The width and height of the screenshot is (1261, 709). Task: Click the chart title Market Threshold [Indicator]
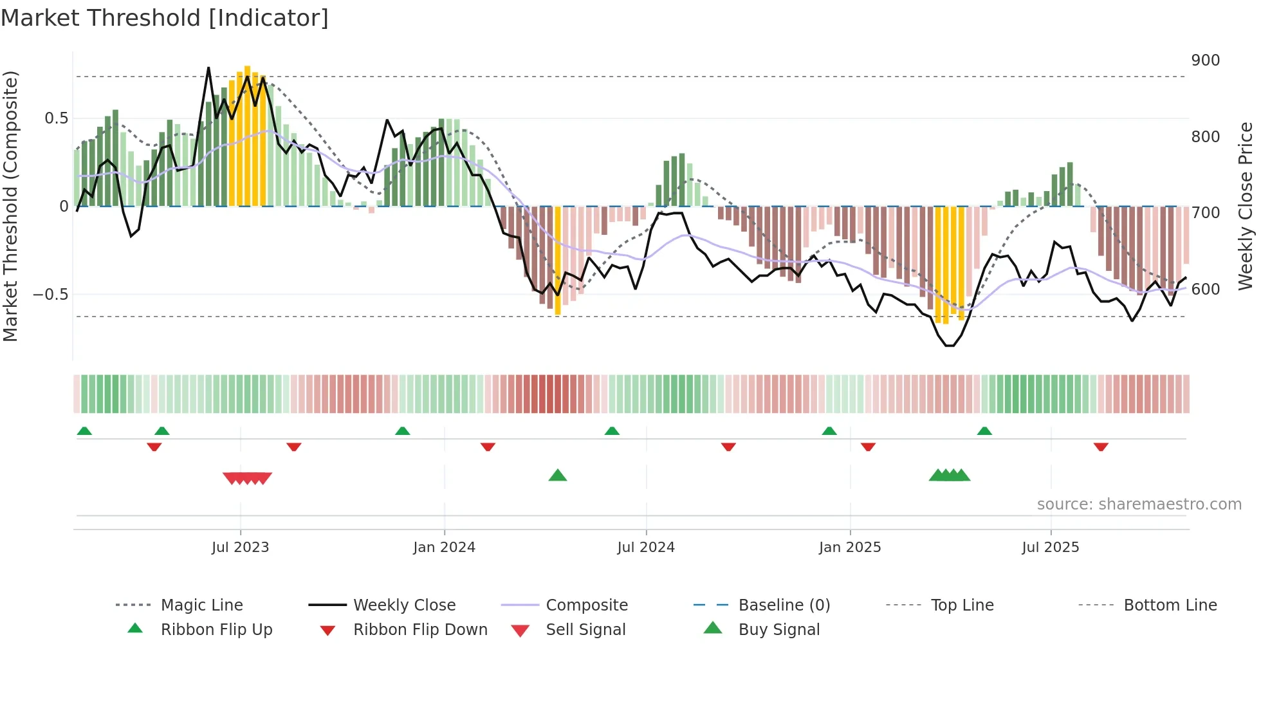pyautogui.click(x=165, y=18)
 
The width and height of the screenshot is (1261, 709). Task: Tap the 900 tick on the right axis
pyautogui.click(x=1205, y=60)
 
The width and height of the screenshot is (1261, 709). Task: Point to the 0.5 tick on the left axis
pyautogui.click(x=56, y=118)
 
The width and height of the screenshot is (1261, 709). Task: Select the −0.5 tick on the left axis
pyautogui.click(x=50, y=295)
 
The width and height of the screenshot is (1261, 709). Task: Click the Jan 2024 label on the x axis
pyautogui.click(x=444, y=548)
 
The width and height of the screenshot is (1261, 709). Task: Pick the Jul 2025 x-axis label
pyautogui.click(x=1050, y=548)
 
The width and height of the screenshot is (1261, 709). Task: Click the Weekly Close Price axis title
pyautogui.click(x=1246, y=206)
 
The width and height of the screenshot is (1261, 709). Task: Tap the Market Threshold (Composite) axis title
pyautogui.click(x=10, y=206)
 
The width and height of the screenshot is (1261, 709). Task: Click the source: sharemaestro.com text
pyautogui.click(x=1139, y=504)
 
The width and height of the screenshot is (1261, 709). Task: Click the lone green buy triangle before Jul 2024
pyautogui.click(x=558, y=475)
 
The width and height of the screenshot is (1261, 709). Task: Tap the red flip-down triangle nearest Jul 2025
pyautogui.click(x=1101, y=447)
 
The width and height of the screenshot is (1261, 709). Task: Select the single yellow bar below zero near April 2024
pyautogui.click(x=558, y=261)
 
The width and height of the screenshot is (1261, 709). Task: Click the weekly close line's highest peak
pyautogui.click(x=208, y=68)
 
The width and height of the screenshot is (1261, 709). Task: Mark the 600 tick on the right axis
pyautogui.click(x=1205, y=290)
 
